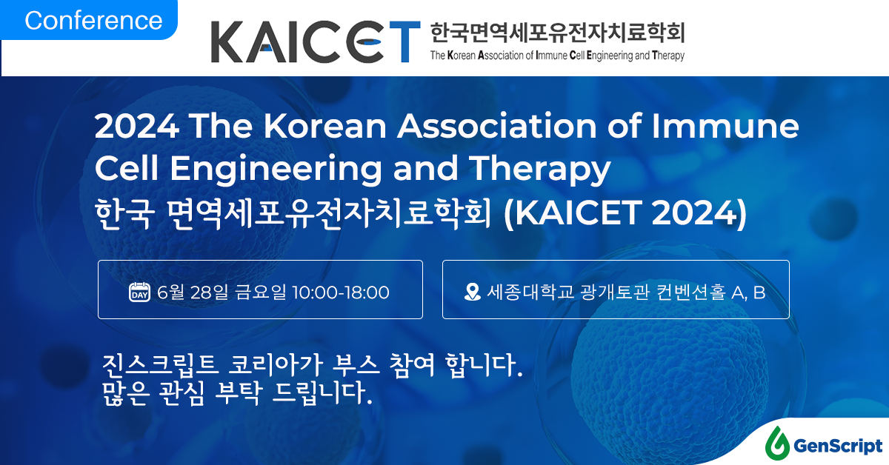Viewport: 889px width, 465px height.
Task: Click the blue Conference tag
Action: (x=89, y=20)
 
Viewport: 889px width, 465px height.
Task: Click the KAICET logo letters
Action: (x=316, y=41)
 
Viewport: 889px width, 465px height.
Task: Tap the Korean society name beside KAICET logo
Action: (x=558, y=33)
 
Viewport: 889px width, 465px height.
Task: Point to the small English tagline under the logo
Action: (x=558, y=56)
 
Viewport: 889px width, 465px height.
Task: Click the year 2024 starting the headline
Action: (x=137, y=126)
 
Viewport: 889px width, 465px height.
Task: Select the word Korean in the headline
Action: (x=325, y=126)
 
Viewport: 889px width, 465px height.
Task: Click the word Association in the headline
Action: (x=497, y=126)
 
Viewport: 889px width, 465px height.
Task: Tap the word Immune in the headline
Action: (x=725, y=126)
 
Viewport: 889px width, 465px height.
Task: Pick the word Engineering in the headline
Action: (x=276, y=170)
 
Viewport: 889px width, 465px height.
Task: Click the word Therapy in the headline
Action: (x=540, y=170)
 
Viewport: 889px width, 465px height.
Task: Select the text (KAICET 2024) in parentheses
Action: (x=625, y=213)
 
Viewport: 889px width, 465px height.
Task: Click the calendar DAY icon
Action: (x=140, y=292)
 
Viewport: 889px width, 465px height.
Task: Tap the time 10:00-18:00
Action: (x=341, y=292)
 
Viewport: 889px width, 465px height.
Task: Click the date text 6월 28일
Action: (x=193, y=292)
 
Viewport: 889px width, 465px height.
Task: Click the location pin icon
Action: (x=473, y=292)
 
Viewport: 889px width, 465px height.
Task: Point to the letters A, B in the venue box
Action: (x=748, y=292)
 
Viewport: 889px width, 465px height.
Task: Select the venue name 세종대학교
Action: (x=530, y=292)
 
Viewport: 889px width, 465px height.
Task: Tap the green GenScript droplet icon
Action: (x=777, y=444)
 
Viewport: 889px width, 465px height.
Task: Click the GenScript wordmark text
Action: (x=838, y=446)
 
